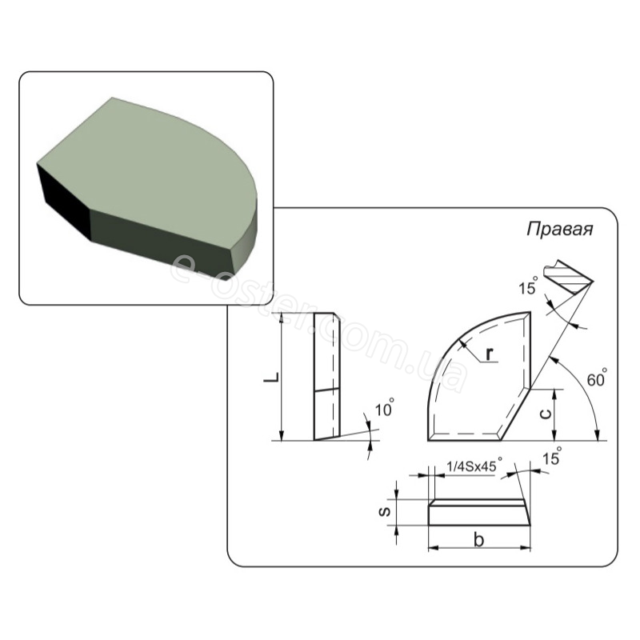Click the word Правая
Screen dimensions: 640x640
coord(559,230)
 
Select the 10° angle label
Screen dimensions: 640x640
coord(385,408)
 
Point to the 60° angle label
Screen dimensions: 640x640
coord(597,378)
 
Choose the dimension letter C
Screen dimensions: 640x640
coord(546,414)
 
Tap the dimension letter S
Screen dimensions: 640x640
coord(385,511)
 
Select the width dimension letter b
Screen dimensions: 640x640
coord(478,539)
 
